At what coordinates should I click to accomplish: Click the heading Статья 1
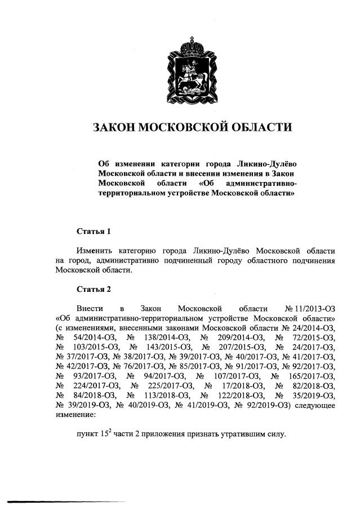tap(95, 231)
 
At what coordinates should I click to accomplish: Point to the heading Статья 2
tap(95, 290)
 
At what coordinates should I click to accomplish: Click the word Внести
tap(91, 308)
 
